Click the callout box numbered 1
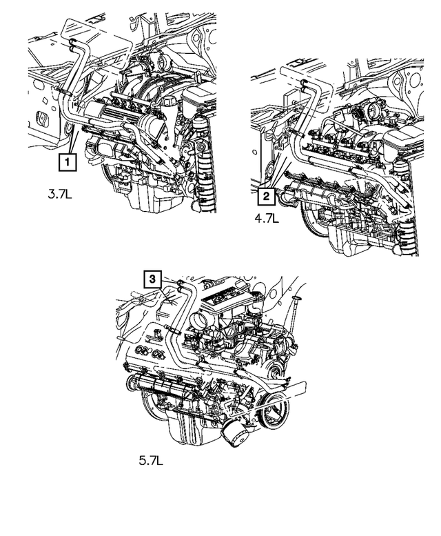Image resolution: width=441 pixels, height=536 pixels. click(67, 162)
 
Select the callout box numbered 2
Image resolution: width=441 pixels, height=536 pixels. click(266, 197)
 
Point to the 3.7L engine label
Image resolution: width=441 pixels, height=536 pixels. click(60, 195)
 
